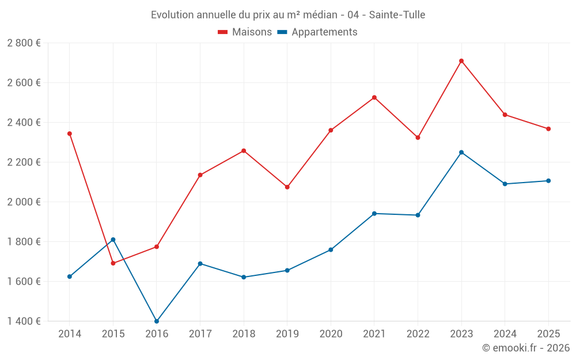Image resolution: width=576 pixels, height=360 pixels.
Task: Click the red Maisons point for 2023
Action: pos(461,61)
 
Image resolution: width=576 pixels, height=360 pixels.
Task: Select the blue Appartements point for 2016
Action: pos(157,321)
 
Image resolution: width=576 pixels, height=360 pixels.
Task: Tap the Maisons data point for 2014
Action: pos(70,134)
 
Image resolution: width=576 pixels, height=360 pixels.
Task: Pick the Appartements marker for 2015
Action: pos(113,240)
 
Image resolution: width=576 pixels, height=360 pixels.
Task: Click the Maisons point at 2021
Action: pos(374,97)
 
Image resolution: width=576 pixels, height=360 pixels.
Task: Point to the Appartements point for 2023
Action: pos(461,152)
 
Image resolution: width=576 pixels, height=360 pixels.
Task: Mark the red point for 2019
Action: pos(287,187)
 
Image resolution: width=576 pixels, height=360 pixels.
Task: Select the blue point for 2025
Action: pos(548,181)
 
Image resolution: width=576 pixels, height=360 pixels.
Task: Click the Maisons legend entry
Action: pos(245,32)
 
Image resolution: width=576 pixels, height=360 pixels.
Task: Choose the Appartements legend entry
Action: pos(317,32)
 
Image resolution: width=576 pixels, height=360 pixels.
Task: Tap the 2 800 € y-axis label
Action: pos(24,43)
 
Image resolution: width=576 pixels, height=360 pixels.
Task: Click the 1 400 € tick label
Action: pos(24,321)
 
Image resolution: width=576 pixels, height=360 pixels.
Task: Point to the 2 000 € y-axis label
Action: pos(24,202)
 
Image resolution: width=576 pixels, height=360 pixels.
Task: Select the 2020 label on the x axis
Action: pos(331,334)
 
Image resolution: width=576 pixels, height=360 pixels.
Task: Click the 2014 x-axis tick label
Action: pos(70,334)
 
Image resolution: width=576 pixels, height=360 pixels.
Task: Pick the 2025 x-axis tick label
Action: pos(548,334)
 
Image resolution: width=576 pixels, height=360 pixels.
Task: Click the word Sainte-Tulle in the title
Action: pos(397,15)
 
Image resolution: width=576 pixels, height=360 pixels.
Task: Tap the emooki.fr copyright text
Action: pos(526,348)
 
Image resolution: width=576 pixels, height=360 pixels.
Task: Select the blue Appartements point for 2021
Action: pos(374,214)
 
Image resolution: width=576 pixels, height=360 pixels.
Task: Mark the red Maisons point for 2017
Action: pos(200,175)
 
